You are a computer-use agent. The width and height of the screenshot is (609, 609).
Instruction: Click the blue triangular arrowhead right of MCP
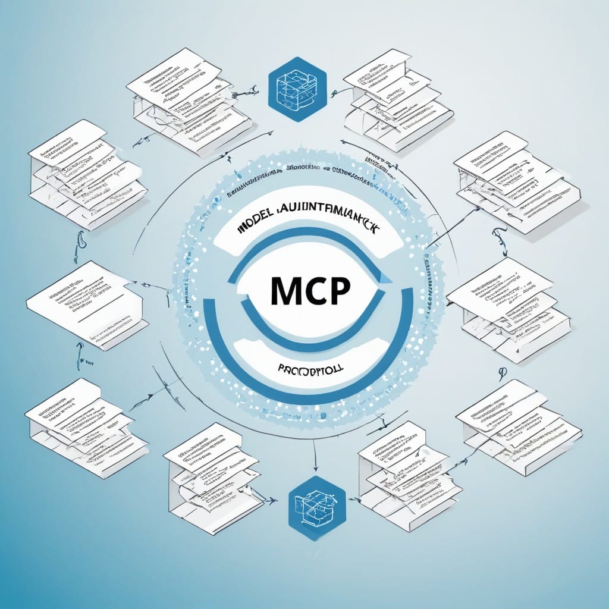coord(386,277)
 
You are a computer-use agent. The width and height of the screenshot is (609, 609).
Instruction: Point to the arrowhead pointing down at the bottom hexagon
coord(316,466)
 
